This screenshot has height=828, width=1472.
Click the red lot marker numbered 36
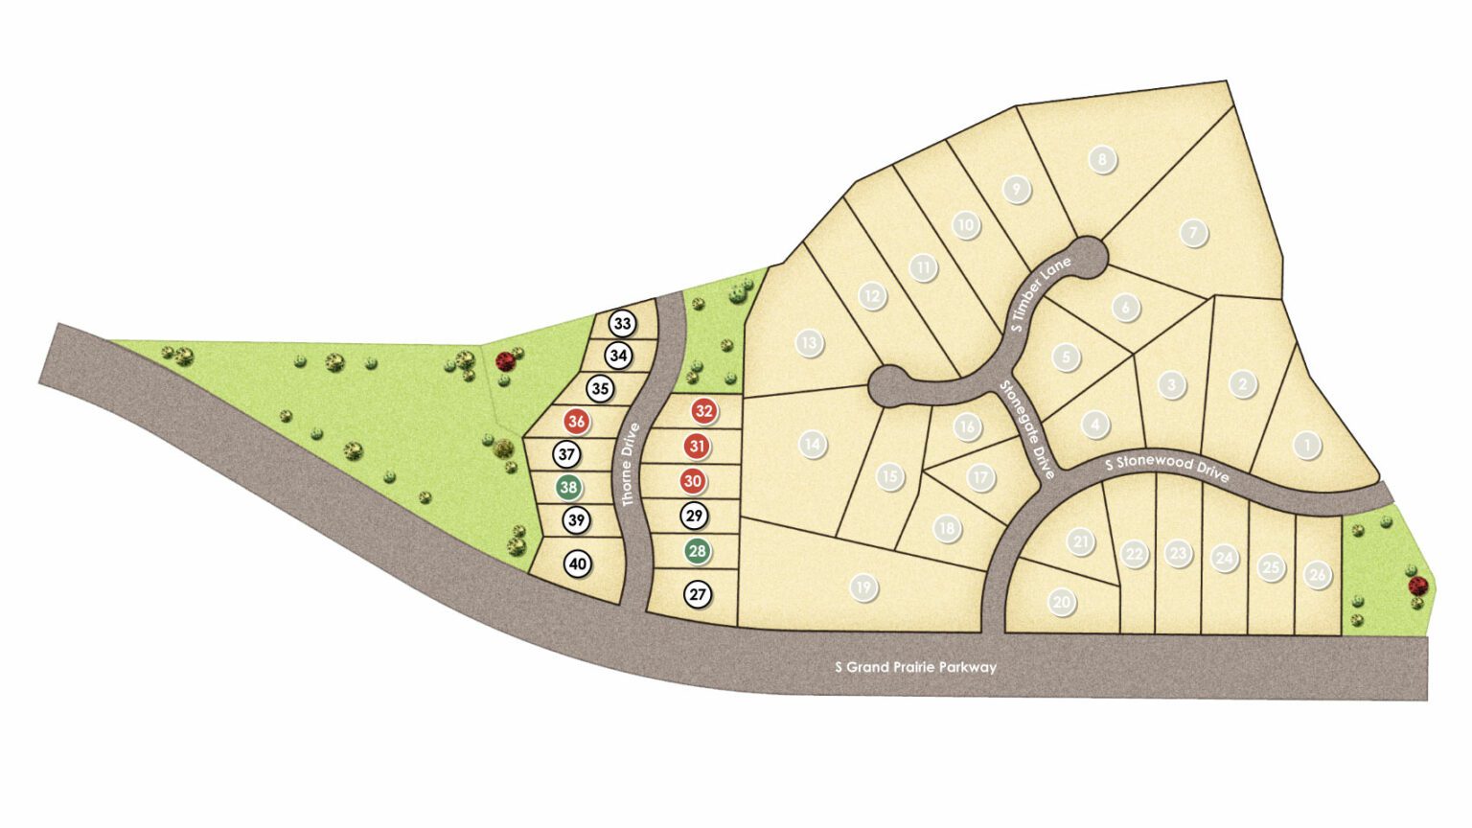(x=576, y=422)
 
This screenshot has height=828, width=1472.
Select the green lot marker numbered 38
(x=568, y=488)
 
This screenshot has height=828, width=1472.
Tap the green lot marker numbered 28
(x=698, y=551)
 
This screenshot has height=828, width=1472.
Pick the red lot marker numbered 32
(x=704, y=412)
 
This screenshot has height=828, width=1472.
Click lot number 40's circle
(x=577, y=564)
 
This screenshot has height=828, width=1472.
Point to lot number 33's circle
(x=622, y=324)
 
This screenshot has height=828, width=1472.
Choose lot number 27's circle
(x=698, y=595)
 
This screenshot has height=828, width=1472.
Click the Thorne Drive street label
(x=630, y=466)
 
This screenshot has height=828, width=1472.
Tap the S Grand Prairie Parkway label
(x=915, y=667)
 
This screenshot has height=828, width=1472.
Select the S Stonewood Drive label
(x=1166, y=467)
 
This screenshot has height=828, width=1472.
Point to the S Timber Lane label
(x=1042, y=294)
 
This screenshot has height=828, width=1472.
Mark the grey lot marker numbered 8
(x=1102, y=159)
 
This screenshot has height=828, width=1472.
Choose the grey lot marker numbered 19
(x=863, y=587)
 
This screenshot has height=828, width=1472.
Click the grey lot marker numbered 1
(x=1306, y=445)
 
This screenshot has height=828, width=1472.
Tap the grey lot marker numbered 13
(x=810, y=342)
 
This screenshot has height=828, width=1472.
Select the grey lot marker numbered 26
(x=1318, y=575)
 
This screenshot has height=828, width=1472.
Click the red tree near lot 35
(x=505, y=361)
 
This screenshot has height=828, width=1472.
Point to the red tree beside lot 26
(x=1417, y=586)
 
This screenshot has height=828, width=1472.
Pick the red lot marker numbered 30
(x=692, y=481)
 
